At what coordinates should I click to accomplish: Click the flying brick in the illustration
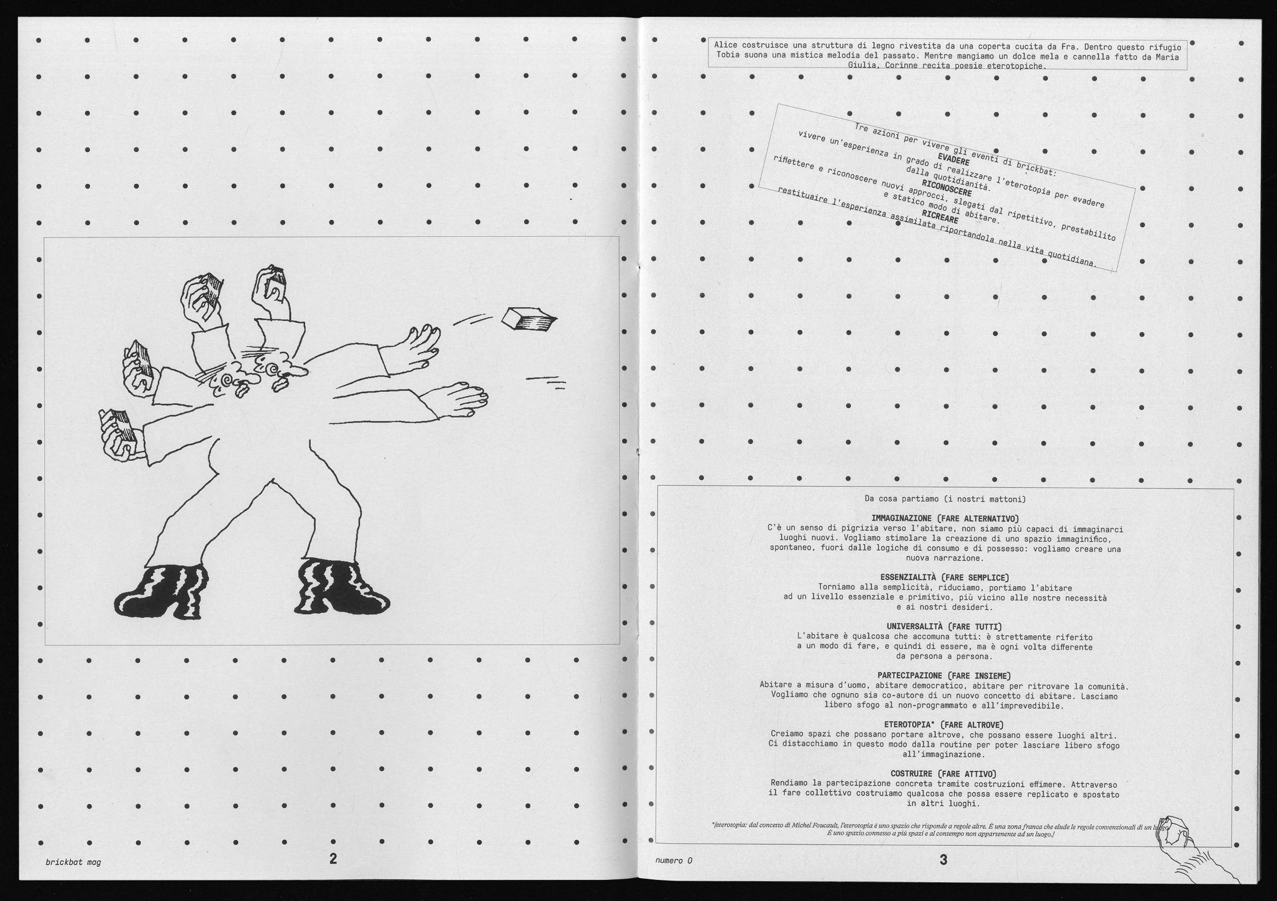[x=529, y=319]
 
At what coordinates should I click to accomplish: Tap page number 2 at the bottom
[x=333, y=858]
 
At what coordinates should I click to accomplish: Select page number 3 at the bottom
[x=943, y=859]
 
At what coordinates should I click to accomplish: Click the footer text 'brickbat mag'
[x=73, y=862]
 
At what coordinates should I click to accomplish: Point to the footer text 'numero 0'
[x=673, y=860]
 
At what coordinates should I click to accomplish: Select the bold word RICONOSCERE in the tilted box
[x=947, y=188]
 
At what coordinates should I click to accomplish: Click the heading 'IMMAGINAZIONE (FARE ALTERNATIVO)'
[x=945, y=519]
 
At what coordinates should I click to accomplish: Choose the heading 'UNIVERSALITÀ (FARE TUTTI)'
[x=945, y=627]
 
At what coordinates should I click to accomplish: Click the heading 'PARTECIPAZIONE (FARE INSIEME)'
[x=945, y=676]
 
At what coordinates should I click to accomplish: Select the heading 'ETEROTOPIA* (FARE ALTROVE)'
[x=945, y=725]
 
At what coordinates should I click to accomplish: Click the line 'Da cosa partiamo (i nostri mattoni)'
[x=945, y=499]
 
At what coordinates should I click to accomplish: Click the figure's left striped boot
[x=161, y=591]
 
